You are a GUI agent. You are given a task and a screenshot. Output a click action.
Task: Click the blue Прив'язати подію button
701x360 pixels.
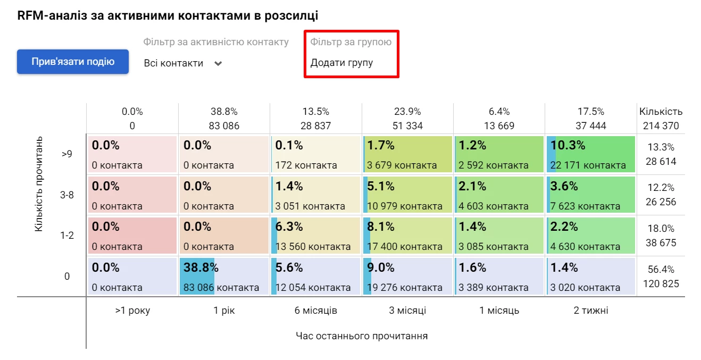pos(73,62)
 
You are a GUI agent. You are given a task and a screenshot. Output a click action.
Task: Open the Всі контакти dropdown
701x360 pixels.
pos(182,63)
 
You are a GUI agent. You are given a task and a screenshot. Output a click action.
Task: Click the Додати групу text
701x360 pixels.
pos(341,63)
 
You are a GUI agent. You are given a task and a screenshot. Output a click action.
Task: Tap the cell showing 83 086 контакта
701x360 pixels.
pos(224,276)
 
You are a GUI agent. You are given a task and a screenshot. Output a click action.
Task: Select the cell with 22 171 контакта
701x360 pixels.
pos(590,154)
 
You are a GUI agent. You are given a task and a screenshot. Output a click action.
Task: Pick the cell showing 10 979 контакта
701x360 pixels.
pos(407,195)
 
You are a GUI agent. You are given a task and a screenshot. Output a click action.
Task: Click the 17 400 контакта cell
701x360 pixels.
pos(407,236)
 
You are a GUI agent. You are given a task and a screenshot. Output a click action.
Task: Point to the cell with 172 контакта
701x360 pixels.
pos(315,154)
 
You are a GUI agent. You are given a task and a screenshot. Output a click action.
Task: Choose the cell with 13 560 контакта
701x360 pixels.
pos(315,236)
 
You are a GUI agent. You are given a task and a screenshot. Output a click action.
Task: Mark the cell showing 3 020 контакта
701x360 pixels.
pos(590,276)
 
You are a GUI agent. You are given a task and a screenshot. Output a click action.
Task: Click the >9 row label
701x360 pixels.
pos(67,154)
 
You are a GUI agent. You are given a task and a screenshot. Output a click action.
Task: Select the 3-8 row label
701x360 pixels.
pos(67,195)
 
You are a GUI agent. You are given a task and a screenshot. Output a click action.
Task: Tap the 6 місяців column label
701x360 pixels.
pos(316,311)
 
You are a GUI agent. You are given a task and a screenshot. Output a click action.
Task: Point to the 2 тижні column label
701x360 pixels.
pos(590,311)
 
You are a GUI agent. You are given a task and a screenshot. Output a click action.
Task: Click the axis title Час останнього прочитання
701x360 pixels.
pos(362,336)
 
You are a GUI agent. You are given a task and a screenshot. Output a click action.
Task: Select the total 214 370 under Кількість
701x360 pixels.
pos(661,126)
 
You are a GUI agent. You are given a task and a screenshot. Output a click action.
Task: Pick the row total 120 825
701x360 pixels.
pos(661,283)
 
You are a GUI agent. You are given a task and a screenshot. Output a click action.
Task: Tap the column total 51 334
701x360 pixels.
pos(407,126)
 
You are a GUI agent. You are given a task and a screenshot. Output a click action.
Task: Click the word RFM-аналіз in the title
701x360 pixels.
pos(49,16)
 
